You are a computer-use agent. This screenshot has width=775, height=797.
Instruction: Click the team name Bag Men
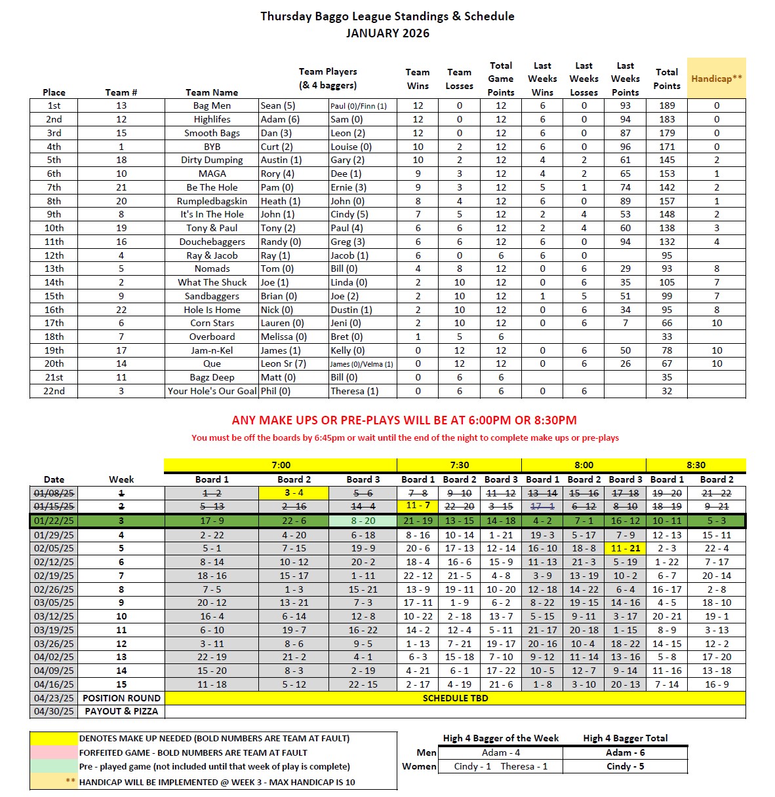point(212,105)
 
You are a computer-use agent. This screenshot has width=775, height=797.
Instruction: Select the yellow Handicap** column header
point(717,79)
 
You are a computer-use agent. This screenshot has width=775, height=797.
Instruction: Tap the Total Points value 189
point(667,105)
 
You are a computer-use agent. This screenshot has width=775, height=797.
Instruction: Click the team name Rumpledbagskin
point(212,201)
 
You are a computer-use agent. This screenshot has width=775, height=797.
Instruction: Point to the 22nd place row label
point(54,391)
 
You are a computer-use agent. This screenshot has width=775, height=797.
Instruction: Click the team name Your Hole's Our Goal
point(212,391)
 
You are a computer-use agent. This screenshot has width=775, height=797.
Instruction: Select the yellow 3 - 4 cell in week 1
point(294,492)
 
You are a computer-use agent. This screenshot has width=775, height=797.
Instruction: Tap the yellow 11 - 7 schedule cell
point(418,506)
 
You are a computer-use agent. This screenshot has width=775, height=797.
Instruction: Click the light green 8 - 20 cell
point(363,521)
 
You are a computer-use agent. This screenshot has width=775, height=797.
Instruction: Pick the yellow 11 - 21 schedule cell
point(626,548)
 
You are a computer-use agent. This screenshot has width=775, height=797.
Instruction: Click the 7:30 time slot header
point(459,465)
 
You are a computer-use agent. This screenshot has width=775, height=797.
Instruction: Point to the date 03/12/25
point(54,616)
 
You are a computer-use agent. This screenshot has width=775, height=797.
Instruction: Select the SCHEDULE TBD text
point(455,698)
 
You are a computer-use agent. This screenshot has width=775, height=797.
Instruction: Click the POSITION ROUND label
point(121,698)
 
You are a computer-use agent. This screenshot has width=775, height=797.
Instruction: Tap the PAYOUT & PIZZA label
point(121,711)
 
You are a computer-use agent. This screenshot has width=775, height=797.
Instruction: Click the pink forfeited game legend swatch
point(54,752)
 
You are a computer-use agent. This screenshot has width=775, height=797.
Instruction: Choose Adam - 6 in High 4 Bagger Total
point(625,752)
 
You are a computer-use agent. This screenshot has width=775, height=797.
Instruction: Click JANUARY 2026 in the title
point(387,33)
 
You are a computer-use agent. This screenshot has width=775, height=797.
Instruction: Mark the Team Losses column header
point(459,79)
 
